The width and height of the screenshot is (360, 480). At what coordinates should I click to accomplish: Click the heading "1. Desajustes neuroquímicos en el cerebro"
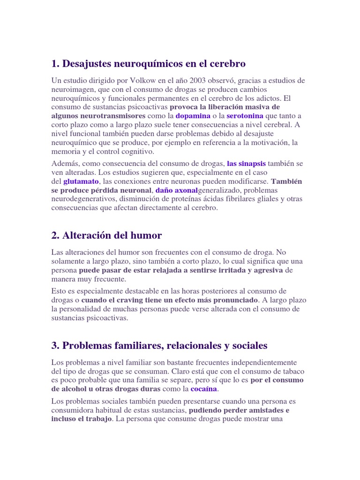point(149,63)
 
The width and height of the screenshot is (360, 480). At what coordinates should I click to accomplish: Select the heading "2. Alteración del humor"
point(106,235)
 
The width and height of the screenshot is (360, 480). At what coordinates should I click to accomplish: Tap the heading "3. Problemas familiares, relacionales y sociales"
point(159,345)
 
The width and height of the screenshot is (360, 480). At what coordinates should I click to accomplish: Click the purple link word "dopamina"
point(193,115)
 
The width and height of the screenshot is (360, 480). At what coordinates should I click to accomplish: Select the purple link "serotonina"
point(245,115)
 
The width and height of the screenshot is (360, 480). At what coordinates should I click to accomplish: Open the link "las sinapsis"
point(246,164)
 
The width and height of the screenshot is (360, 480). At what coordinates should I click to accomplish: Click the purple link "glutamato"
point(81,181)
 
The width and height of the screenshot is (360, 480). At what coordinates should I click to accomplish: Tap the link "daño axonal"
point(177,190)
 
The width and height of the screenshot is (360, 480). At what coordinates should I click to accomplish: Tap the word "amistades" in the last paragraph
point(261,410)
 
